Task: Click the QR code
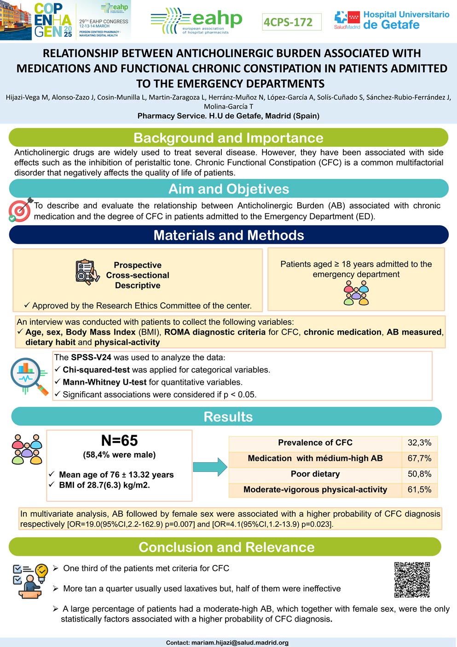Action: coord(412,579)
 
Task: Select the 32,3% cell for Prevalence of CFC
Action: coord(419,443)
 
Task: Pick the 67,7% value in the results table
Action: coord(419,459)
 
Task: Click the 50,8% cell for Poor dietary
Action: coord(419,474)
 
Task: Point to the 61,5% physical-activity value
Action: coord(419,490)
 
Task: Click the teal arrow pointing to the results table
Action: coord(210,467)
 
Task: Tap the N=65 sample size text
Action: coord(119,441)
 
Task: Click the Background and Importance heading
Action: coord(228,138)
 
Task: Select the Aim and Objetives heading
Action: coord(228,189)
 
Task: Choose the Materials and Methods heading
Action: coord(228,235)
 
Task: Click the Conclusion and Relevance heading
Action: coord(226,547)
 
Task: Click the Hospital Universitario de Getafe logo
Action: coord(392,20)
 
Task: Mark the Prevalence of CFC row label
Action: coord(315,443)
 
